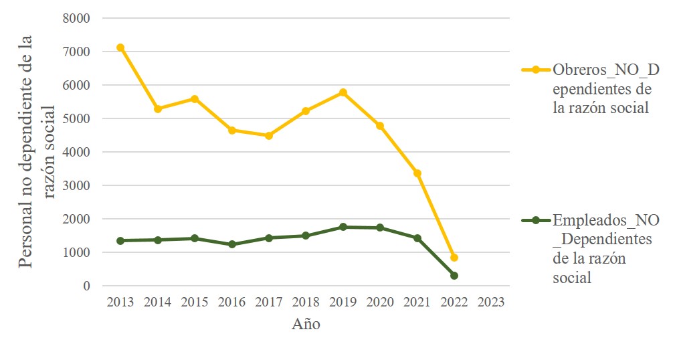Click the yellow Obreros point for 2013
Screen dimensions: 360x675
[x=120, y=48]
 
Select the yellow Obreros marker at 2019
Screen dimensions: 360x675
[x=343, y=92]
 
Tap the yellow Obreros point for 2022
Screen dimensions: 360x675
[x=454, y=258]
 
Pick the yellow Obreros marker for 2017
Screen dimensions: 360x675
[x=269, y=136]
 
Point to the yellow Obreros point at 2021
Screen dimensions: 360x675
[x=417, y=173]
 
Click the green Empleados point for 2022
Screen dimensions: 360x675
[x=454, y=276]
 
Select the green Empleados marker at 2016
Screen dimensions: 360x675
[x=232, y=245]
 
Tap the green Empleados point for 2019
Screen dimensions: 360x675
[x=343, y=227]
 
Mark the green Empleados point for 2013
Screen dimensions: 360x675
[x=120, y=241]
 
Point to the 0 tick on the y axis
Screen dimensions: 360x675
[x=86, y=286]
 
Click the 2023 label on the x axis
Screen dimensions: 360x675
[x=491, y=302]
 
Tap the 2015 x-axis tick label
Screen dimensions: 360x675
[x=195, y=302]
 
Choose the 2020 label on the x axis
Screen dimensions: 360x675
[x=380, y=302]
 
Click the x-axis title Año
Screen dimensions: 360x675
[x=306, y=325]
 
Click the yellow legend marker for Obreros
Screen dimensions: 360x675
[x=535, y=70]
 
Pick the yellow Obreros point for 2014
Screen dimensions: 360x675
[x=158, y=108]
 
